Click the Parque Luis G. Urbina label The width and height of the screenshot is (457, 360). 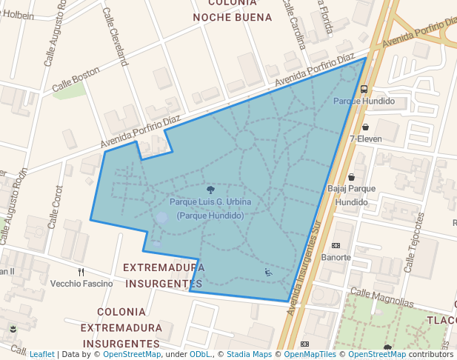point(210,202)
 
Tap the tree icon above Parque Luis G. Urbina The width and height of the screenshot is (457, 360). point(211,190)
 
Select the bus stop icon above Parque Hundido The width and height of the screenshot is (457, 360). point(364,89)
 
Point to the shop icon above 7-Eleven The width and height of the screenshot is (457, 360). point(365,127)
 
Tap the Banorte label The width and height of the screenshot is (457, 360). point(336,258)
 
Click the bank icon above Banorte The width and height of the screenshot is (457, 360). point(336,246)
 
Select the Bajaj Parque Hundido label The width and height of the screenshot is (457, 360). point(351,195)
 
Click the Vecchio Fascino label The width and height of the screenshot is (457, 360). point(81,284)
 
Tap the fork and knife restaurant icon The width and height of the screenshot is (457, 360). point(81,272)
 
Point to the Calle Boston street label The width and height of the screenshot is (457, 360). point(76,81)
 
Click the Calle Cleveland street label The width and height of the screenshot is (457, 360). point(114,37)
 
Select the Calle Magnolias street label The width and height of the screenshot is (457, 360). point(381,296)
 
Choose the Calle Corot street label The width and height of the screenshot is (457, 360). point(56,207)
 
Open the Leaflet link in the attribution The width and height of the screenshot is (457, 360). point(41,354)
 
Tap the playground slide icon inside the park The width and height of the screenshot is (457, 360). point(268,273)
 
